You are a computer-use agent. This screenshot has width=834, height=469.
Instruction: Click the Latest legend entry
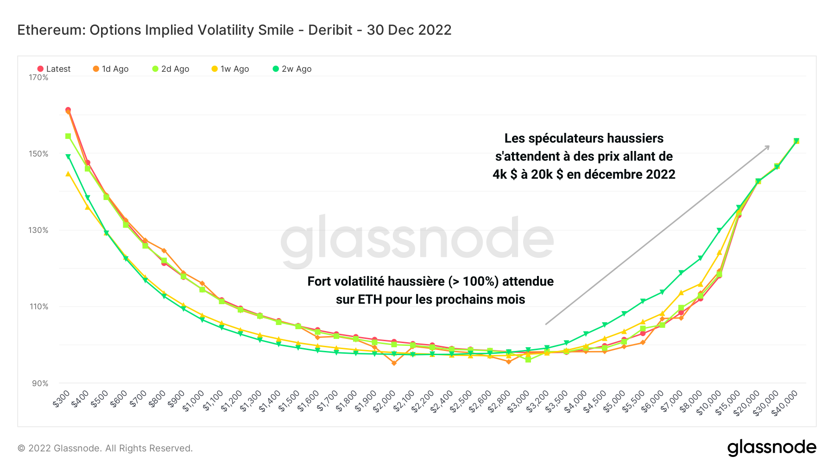[x=54, y=69]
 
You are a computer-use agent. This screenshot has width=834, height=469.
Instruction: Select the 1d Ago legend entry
[x=111, y=69]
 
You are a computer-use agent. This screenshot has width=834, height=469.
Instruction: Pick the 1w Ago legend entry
[x=230, y=69]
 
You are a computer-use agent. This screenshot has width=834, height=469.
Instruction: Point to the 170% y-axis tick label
[x=38, y=77]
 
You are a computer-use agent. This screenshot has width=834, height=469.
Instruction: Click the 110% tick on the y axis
[x=38, y=306]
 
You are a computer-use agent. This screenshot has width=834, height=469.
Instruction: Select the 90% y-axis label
[x=40, y=383]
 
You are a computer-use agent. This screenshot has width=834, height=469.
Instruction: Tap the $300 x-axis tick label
[x=62, y=399]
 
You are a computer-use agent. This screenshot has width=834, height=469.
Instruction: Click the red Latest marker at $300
[x=68, y=110]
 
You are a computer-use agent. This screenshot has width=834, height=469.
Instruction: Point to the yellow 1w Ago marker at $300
[x=68, y=174]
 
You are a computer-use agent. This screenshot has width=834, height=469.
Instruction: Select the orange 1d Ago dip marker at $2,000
[x=394, y=363]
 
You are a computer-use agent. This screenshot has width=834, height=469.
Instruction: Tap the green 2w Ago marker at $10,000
[x=719, y=230]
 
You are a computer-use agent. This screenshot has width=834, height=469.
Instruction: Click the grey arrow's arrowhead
[x=767, y=147]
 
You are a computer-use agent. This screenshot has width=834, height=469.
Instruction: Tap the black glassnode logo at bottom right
[x=771, y=448]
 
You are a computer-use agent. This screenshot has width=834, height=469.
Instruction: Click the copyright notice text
[x=105, y=448]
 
